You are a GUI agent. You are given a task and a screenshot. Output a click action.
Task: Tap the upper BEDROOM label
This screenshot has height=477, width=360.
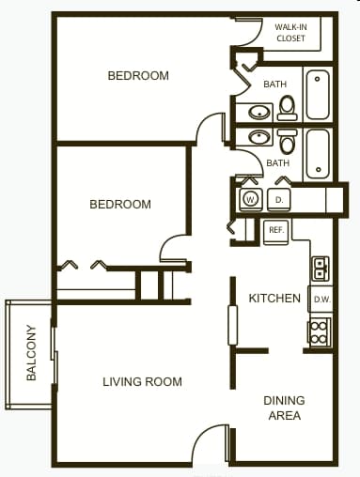click(x=138, y=76)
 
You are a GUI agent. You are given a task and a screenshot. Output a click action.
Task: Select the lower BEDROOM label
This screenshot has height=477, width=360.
click(x=120, y=204)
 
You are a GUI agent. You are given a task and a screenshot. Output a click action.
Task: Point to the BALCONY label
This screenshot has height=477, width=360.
click(x=31, y=353)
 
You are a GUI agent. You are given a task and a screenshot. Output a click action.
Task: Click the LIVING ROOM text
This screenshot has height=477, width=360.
click(x=142, y=382)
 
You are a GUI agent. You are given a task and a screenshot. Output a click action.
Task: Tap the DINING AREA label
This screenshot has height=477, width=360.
click(x=284, y=408)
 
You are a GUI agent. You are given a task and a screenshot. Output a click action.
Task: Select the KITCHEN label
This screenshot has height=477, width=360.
click(x=274, y=299)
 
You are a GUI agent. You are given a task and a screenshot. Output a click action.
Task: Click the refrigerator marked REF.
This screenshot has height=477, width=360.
click(x=276, y=230)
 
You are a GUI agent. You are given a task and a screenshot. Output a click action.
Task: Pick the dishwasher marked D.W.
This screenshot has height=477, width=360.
click(x=320, y=300)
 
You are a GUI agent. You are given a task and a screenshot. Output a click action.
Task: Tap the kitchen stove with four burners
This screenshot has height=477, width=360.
click(x=320, y=331)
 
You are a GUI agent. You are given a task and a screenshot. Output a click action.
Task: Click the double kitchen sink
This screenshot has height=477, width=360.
click(x=320, y=268)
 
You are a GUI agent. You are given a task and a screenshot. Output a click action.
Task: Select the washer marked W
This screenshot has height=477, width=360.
click(x=250, y=199)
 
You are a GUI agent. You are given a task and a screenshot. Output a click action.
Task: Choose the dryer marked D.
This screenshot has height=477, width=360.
click(x=279, y=199)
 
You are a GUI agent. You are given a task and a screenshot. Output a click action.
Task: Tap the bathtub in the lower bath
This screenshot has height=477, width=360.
click(x=319, y=153)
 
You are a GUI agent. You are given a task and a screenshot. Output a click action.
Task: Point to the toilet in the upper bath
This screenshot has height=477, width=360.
click(x=288, y=107)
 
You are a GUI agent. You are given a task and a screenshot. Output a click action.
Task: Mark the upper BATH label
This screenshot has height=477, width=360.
click(x=274, y=85)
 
